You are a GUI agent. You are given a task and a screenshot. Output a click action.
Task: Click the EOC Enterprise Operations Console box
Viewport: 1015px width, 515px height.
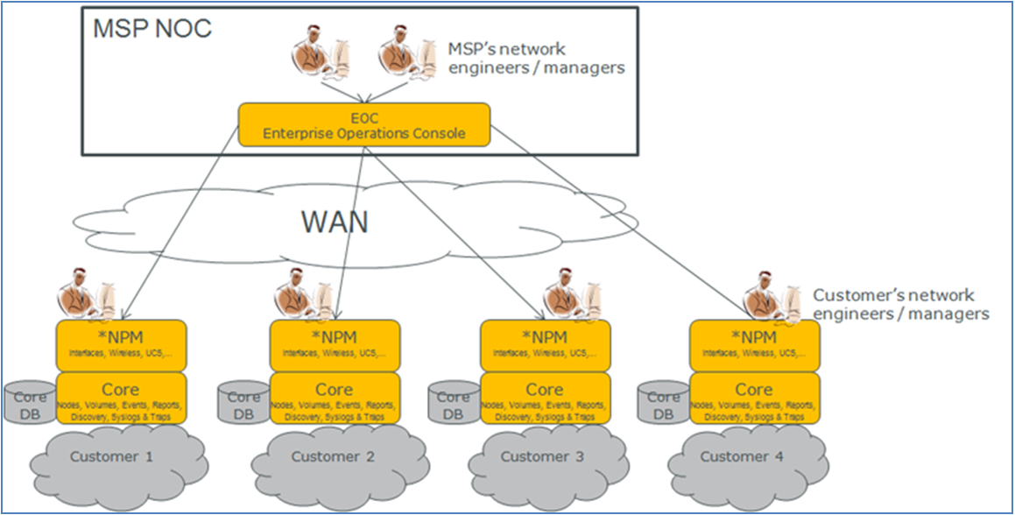pyautogui.click(x=364, y=125)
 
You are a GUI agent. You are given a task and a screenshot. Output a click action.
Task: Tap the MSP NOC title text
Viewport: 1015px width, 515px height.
pyautogui.click(x=152, y=28)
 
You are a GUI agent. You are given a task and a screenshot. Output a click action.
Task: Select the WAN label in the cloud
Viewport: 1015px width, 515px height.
pyautogui.click(x=335, y=222)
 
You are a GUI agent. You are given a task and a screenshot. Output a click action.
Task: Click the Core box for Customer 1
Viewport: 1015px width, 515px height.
pyautogui.click(x=121, y=399)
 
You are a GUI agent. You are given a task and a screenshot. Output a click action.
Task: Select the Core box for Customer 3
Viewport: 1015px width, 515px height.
pyautogui.click(x=545, y=399)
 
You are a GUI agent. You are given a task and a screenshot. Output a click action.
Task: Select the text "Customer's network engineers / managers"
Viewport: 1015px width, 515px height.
pyautogui.click(x=900, y=304)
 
